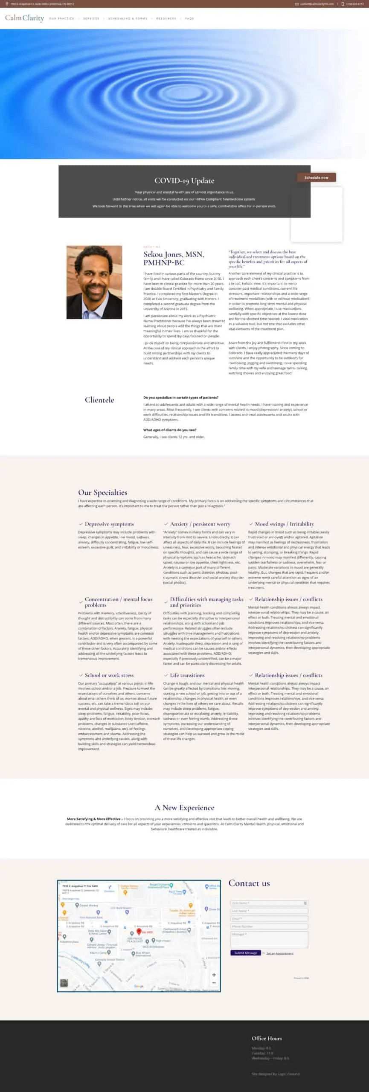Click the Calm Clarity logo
point(24,18)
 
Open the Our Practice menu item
point(61,19)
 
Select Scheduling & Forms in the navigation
point(128,19)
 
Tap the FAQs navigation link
point(189,19)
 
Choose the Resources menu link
point(166,19)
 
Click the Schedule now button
point(316,177)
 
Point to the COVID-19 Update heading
point(184,181)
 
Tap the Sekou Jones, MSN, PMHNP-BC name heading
point(174,258)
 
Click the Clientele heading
point(99,400)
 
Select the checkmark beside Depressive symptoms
point(81,524)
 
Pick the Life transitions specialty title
point(187,675)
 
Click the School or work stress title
point(109,675)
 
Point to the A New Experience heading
point(184,807)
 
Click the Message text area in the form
point(269,940)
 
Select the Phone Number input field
point(269,926)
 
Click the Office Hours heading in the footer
point(267,1038)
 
